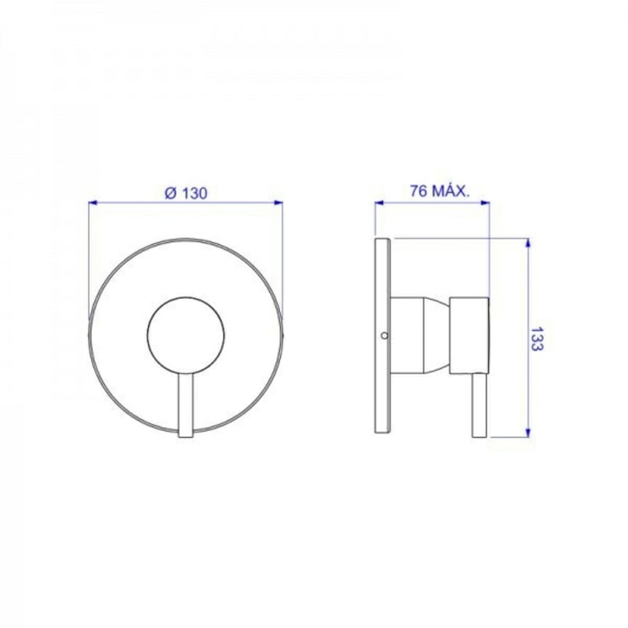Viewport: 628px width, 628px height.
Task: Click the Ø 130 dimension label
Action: pos(187,194)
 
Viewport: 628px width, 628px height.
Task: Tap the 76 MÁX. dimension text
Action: pos(439,192)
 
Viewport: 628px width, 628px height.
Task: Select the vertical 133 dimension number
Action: pos(536,339)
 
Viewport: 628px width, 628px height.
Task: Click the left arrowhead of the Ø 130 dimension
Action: pos(93,203)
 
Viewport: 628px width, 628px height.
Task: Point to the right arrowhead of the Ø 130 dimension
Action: pos(277,203)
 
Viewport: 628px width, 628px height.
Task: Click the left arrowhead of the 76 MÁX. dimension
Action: pos(379,203)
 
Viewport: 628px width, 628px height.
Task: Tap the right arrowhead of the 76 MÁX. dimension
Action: pos(484,203)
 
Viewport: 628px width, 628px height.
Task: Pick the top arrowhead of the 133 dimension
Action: pos(528,243)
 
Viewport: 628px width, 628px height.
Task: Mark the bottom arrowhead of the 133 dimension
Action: pos(528,432)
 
